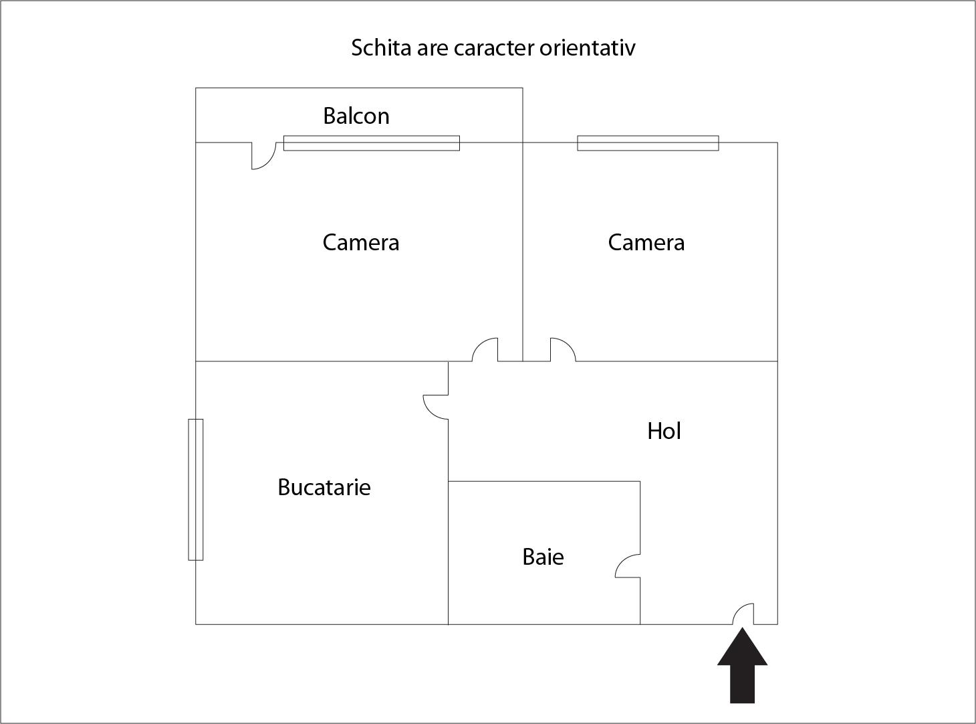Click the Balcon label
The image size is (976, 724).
(x=356, y=116)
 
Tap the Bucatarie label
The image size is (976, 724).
(x=324, y=487)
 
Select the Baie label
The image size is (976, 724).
(x=543, y=557)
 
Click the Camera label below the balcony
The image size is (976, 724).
(x=361, y=242)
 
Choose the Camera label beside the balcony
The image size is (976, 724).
(x=646, y=242)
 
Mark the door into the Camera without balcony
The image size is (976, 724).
(x=568, y=344)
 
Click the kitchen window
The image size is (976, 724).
(x=196, y=490)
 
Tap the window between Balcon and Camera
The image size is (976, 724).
(x=372, y=143)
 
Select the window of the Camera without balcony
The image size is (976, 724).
(x=648, y=143)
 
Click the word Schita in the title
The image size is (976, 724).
(x=381, y=48)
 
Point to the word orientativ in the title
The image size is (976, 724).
(x=588, y=48)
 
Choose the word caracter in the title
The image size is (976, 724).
(x=495, y=48)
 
